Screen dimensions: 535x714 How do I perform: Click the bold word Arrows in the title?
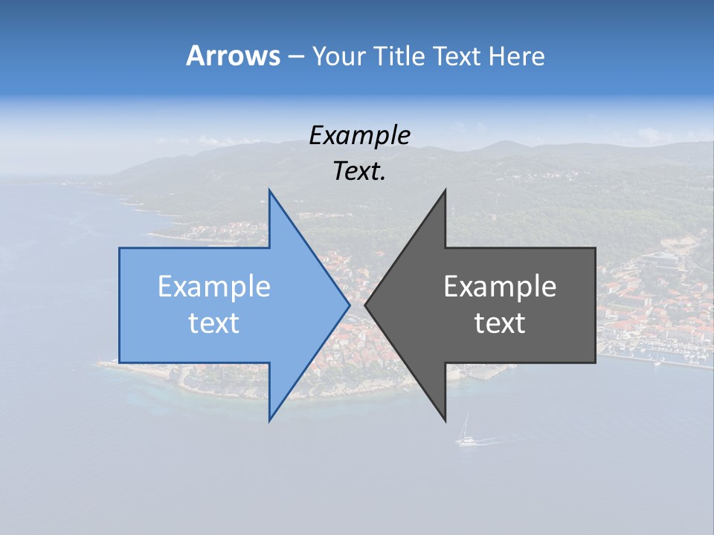coord(232,56)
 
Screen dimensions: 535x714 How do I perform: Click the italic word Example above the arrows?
coord(360,136)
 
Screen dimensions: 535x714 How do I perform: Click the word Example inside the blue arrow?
coord(214,287)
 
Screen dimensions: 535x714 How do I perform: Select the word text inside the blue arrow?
coord(214,323)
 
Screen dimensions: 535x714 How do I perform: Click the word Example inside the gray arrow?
coord(500,287)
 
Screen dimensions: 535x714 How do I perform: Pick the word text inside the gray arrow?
coord(500,323)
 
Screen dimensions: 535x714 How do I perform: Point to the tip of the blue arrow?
coord(349,305)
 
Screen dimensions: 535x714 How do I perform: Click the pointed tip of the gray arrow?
coord(366,305)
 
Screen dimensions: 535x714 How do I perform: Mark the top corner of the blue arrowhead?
coord(270,191)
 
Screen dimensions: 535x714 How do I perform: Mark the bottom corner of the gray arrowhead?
coord(445,420)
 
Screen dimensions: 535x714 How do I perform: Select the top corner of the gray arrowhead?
coord(445,191)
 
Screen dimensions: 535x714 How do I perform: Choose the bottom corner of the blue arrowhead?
coord(270,420)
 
